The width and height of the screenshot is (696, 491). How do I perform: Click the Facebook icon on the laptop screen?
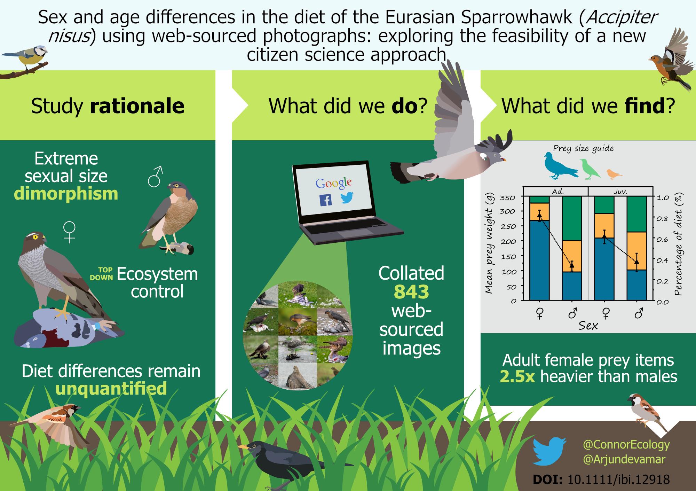click(x=326, y=200)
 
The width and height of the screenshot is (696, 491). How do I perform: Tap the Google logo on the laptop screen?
click(x=333, y=183)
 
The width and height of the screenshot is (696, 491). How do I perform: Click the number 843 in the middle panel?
click(x=411, y=292)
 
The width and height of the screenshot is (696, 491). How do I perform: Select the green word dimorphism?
click(x=66, y=194)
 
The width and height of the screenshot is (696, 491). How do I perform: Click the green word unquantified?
click(x=111, y=389)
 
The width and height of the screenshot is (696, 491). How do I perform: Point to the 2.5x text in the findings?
click(x=517, y=377)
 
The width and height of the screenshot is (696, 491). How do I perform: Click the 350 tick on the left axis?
click(x=507, y=198)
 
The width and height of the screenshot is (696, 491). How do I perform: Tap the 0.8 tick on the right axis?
click(x=662, y=219)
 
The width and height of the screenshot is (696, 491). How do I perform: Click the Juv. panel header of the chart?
click(x=620, y=192)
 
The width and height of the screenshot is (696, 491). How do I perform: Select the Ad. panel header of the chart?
click(x=557, y=192)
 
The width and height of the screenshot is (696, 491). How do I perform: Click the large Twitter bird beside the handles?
click(x=549, y=451)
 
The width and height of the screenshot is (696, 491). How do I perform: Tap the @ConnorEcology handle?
click(x=626, y=444)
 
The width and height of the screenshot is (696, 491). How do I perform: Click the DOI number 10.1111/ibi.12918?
click(x=618, y=480)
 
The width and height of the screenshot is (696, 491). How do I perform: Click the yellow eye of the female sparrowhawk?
click(x=35, y=237)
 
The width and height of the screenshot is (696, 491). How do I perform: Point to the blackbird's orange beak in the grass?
click(x=243, y=446)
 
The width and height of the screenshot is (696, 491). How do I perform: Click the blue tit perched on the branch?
click(x=31, y=56)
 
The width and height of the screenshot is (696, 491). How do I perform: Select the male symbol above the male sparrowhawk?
click(x=155, y=177)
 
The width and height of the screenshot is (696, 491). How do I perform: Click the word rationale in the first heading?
click(x=137, y=106)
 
